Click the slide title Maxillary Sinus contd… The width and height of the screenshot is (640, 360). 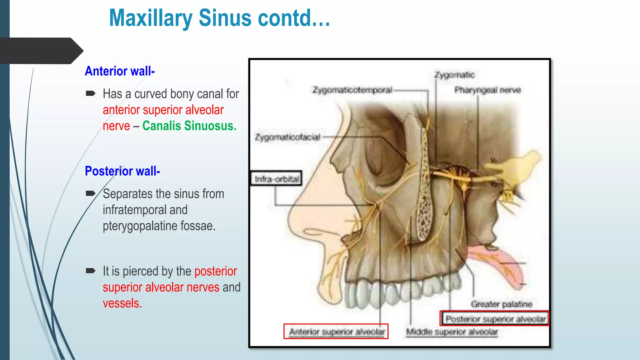pos(219,18)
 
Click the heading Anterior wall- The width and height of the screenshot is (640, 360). pos(120,71)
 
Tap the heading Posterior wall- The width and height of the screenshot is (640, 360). pos(122,171)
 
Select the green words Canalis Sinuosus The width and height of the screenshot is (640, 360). pos(189,126)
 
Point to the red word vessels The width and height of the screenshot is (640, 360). pos(122,303)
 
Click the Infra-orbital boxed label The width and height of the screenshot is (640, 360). pos(277,179)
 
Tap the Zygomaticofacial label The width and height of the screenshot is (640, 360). pos(287,137)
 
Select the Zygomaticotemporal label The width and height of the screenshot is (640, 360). pos(352,90)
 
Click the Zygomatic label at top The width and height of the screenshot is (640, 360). pos(454,75)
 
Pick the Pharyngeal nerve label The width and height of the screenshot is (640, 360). pos(487,90)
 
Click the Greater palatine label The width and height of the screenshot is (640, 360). pos(501,304)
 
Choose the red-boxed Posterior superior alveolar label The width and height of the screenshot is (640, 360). pos(495,319)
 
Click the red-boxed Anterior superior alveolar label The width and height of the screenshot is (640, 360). pos(336,332)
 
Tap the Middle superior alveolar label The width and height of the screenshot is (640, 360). pos(452,332)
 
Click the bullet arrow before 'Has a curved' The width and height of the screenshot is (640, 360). pos(90,93)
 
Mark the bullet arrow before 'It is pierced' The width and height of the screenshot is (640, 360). pos(90,271)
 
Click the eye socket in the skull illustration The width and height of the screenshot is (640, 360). pos(384,156)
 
